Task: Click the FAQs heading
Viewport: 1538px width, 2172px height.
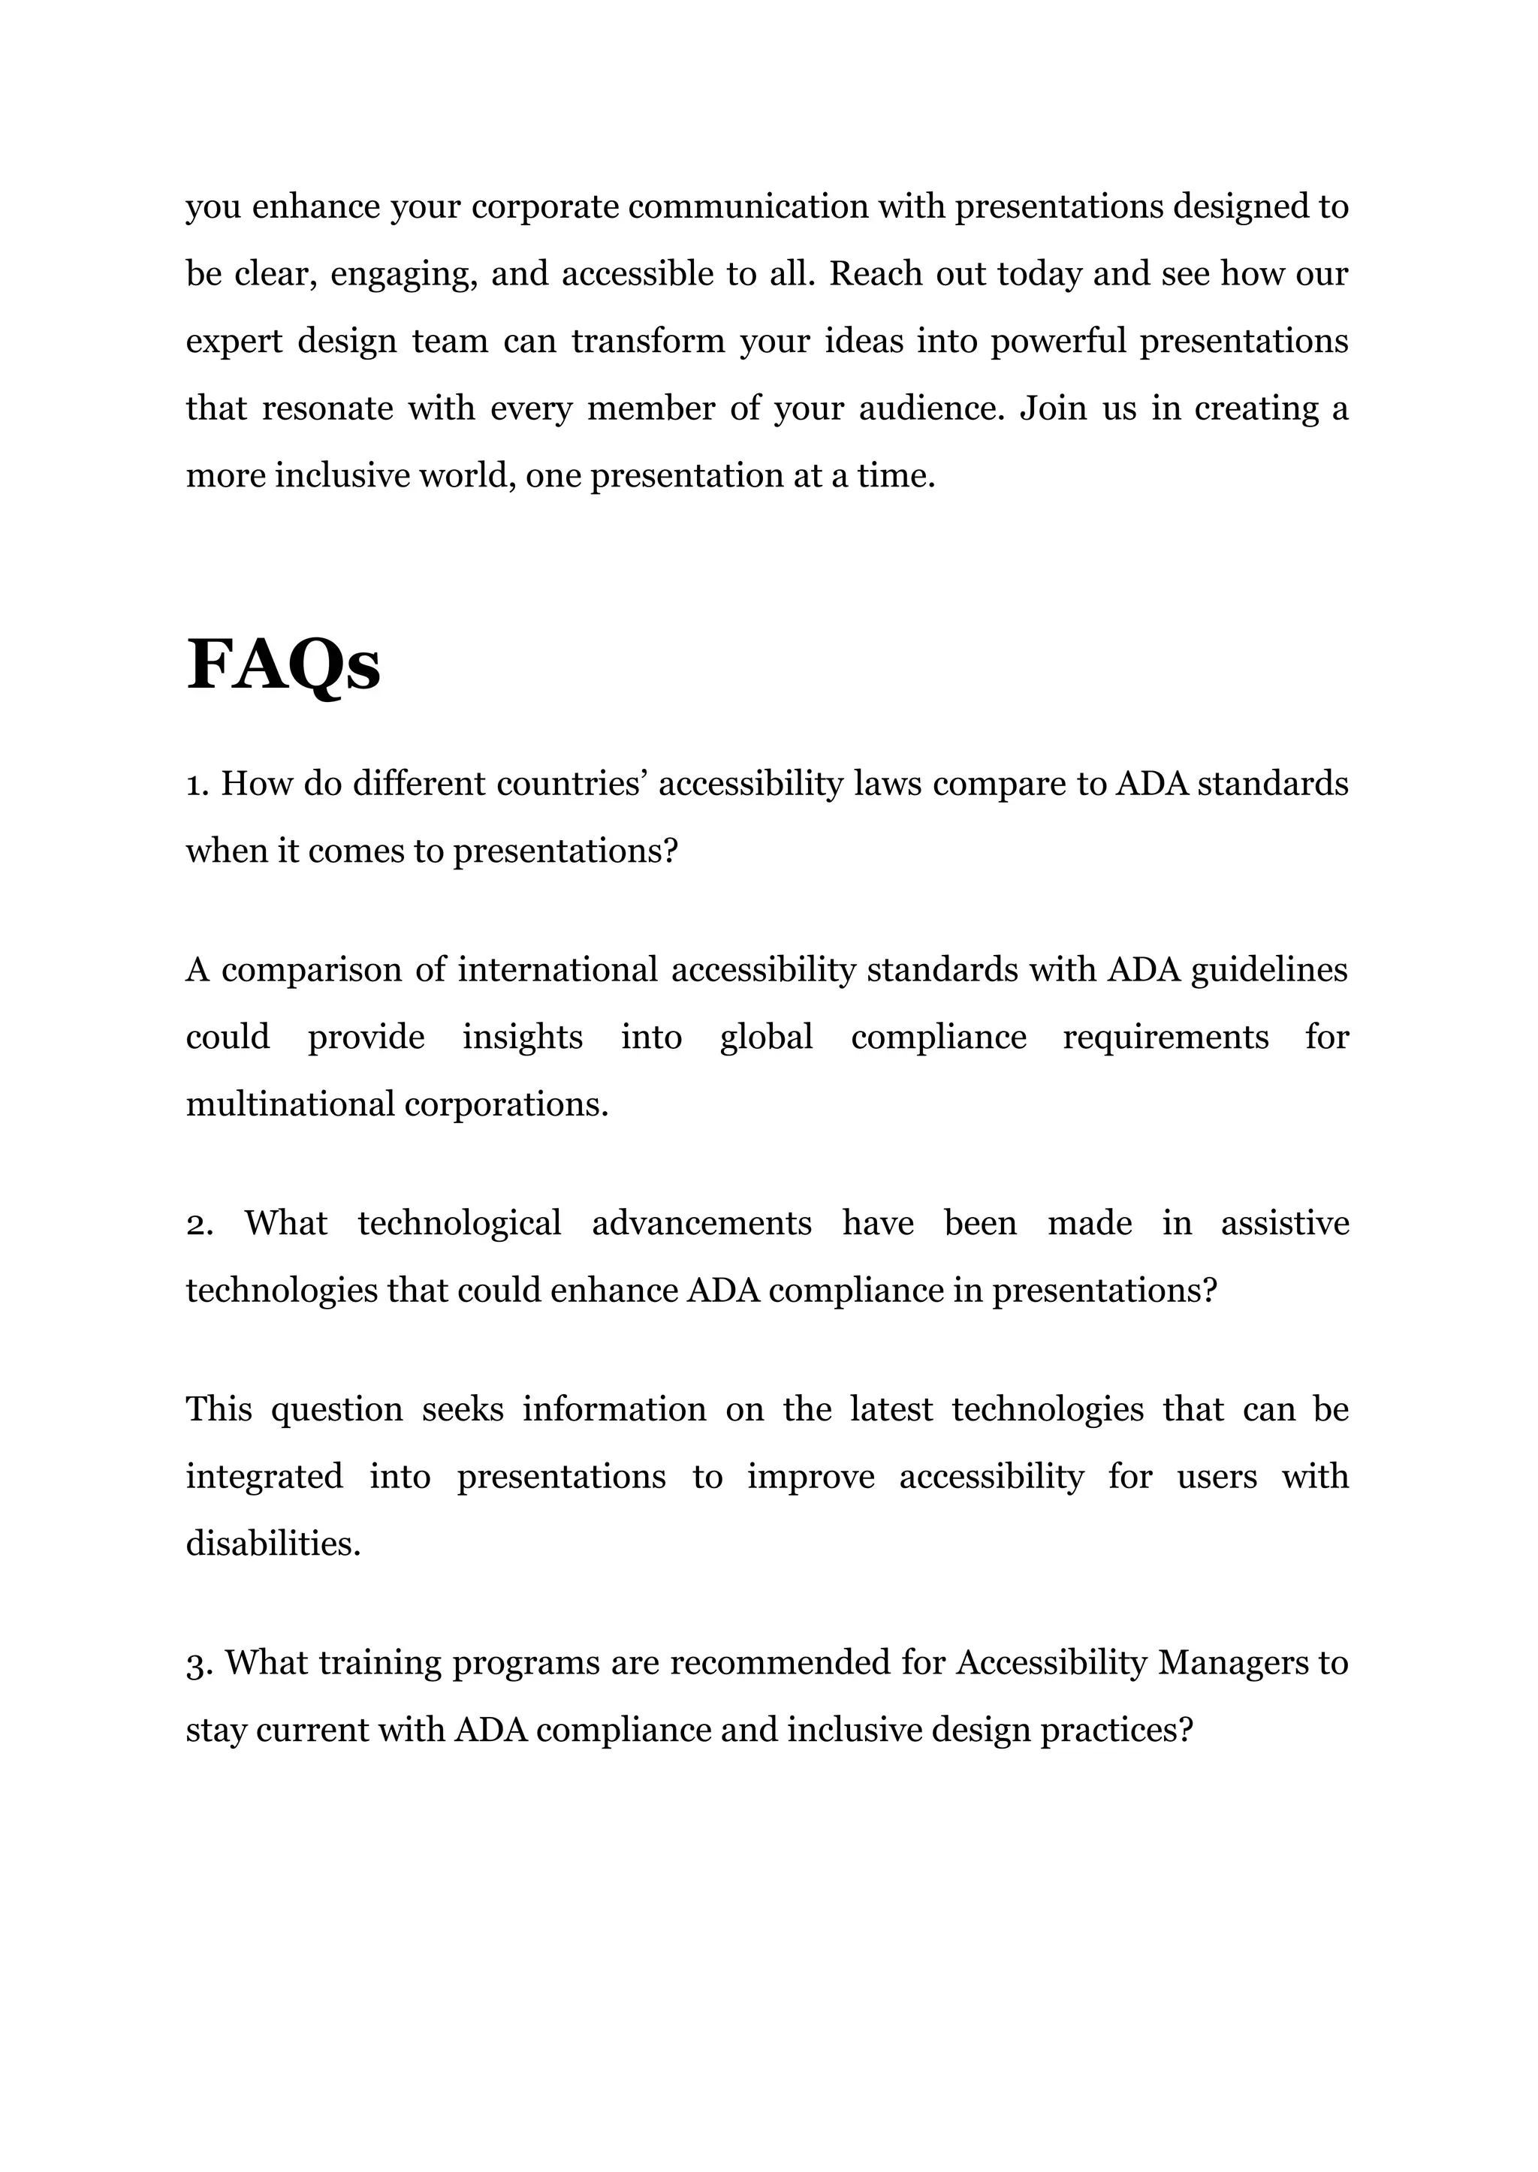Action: point(283,667)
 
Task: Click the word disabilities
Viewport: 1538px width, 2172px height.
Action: point(273,1544)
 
